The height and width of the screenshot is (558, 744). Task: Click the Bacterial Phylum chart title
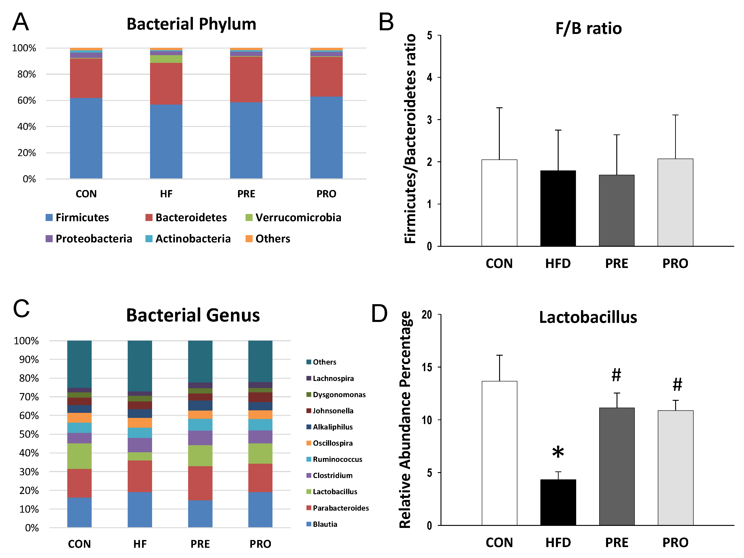pyautogui.click(x=191, y=24)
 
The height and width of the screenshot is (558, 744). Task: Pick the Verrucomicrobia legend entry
pyautogui.click(x=293, y=218)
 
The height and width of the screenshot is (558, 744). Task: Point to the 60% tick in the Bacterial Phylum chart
pyautogui.click(x=27, y=100)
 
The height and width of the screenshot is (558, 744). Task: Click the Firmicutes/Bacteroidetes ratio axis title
pyautogui.click(x=410, y=139)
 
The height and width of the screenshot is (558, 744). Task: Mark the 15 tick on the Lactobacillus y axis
pyautogui.click(x=427, y=368)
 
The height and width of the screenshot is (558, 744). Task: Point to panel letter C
pyautogui.click(x=21, y=309)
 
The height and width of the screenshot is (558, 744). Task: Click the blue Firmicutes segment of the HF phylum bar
pyautogui.click(x=166, y=141)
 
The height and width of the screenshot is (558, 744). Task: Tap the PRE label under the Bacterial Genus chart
pyautogui.click(x=200, y=544)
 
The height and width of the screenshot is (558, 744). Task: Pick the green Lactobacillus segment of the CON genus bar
pyautogui.click(x=79, y=456)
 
